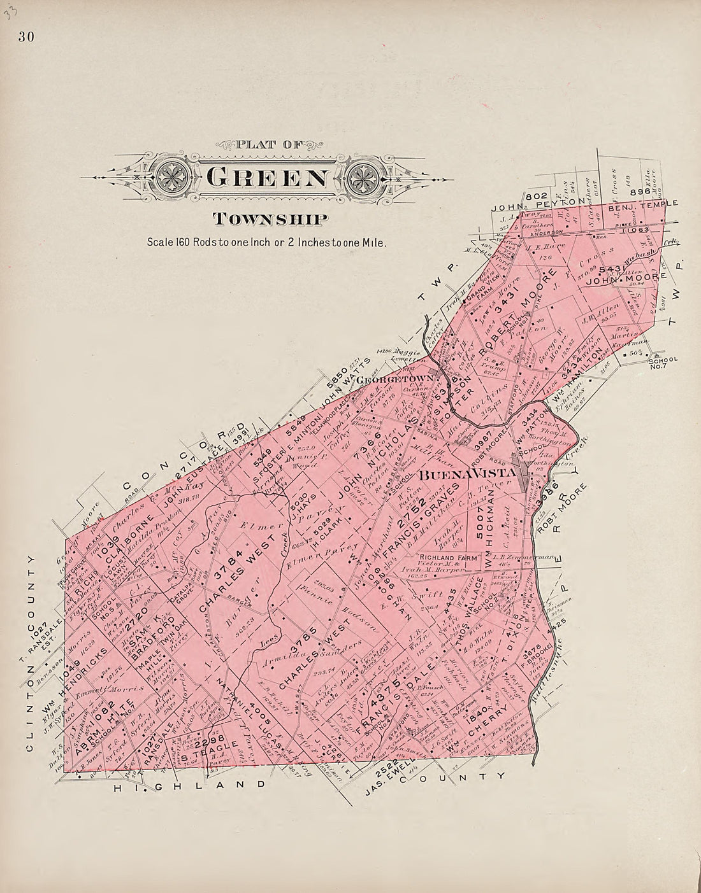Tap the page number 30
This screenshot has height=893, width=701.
click(x=26, y=36)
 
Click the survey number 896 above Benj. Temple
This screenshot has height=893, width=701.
click(x=639, y=190)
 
